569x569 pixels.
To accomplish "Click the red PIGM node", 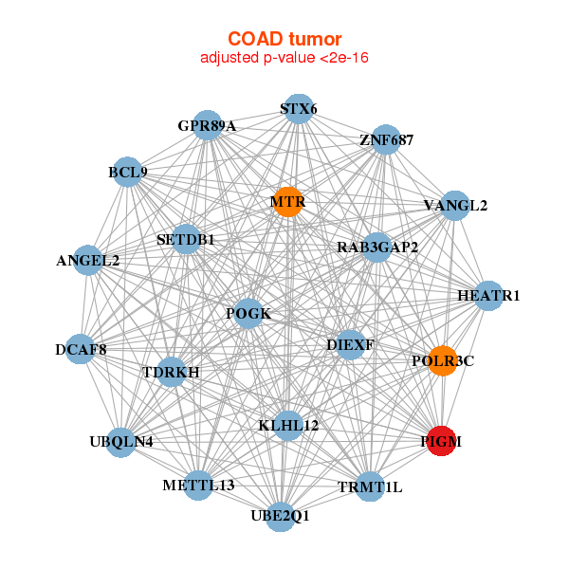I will point(442,441).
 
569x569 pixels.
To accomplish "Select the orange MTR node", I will point(287,202).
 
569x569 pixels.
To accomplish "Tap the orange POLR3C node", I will point(443,361).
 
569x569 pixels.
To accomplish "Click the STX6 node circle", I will point(299,108).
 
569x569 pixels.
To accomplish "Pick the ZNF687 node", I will point(387,139).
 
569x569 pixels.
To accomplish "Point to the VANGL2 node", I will point(455,206).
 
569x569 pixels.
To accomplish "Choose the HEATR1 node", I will point(488,296).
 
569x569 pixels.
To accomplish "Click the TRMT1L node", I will point(371,486).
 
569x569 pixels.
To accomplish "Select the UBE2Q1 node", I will point(280,516).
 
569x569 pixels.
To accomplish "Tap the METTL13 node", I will point(198,485).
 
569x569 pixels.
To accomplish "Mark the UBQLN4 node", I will point(120,441).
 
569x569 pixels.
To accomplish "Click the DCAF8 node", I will point(81,350).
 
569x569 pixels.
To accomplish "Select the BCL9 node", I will point(127,173).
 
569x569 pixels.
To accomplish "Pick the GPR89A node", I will point(207,125).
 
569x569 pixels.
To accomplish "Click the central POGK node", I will point(248,314).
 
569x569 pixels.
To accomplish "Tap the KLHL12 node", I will point(288,425).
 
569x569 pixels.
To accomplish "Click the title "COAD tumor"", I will point(284,40).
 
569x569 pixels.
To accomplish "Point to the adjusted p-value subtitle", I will point(284,58).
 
